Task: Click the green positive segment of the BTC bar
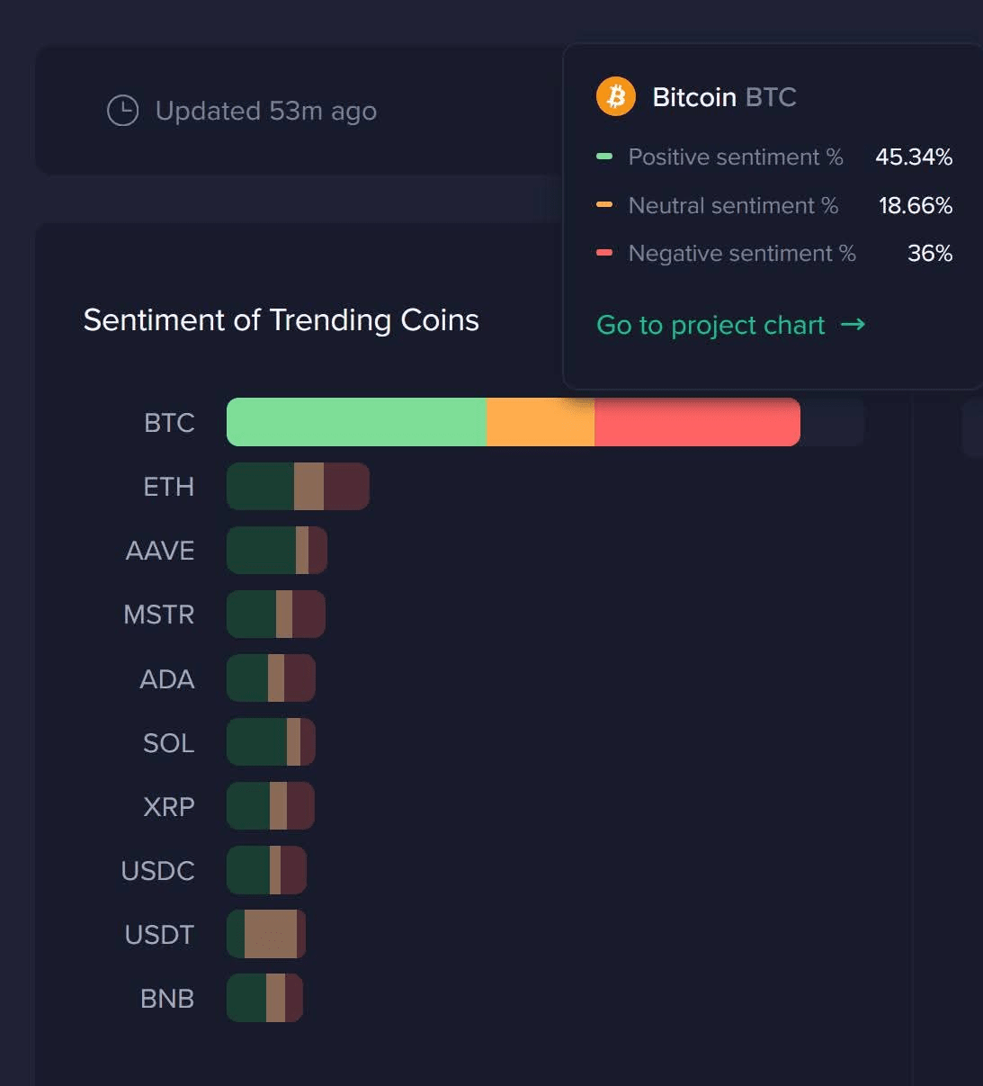tap(356, 422)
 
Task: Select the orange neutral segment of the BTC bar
tap(540, 422)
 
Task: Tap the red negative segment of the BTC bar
tap(697, 422)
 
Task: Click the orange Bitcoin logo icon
tap(616, 96)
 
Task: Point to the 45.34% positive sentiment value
tap(913, 157)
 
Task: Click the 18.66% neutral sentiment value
tap(915, 205)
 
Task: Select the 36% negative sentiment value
tap(929, 253)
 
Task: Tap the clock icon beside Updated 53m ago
tap(123, 111)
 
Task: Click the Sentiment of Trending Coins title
tap(281, 319)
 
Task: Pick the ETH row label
tap(168, 487)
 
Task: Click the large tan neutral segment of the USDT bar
tap(270, 934)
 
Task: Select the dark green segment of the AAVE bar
tap(261, 551)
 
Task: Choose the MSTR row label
tap(158, 615)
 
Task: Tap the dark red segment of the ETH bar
tap(345, 487)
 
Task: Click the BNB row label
tap(166, 999)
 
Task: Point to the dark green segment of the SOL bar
tap(256, 742)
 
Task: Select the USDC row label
tap(157, 871)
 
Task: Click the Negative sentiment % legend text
tap(741, 253)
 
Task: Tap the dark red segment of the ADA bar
tap(299, 678)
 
